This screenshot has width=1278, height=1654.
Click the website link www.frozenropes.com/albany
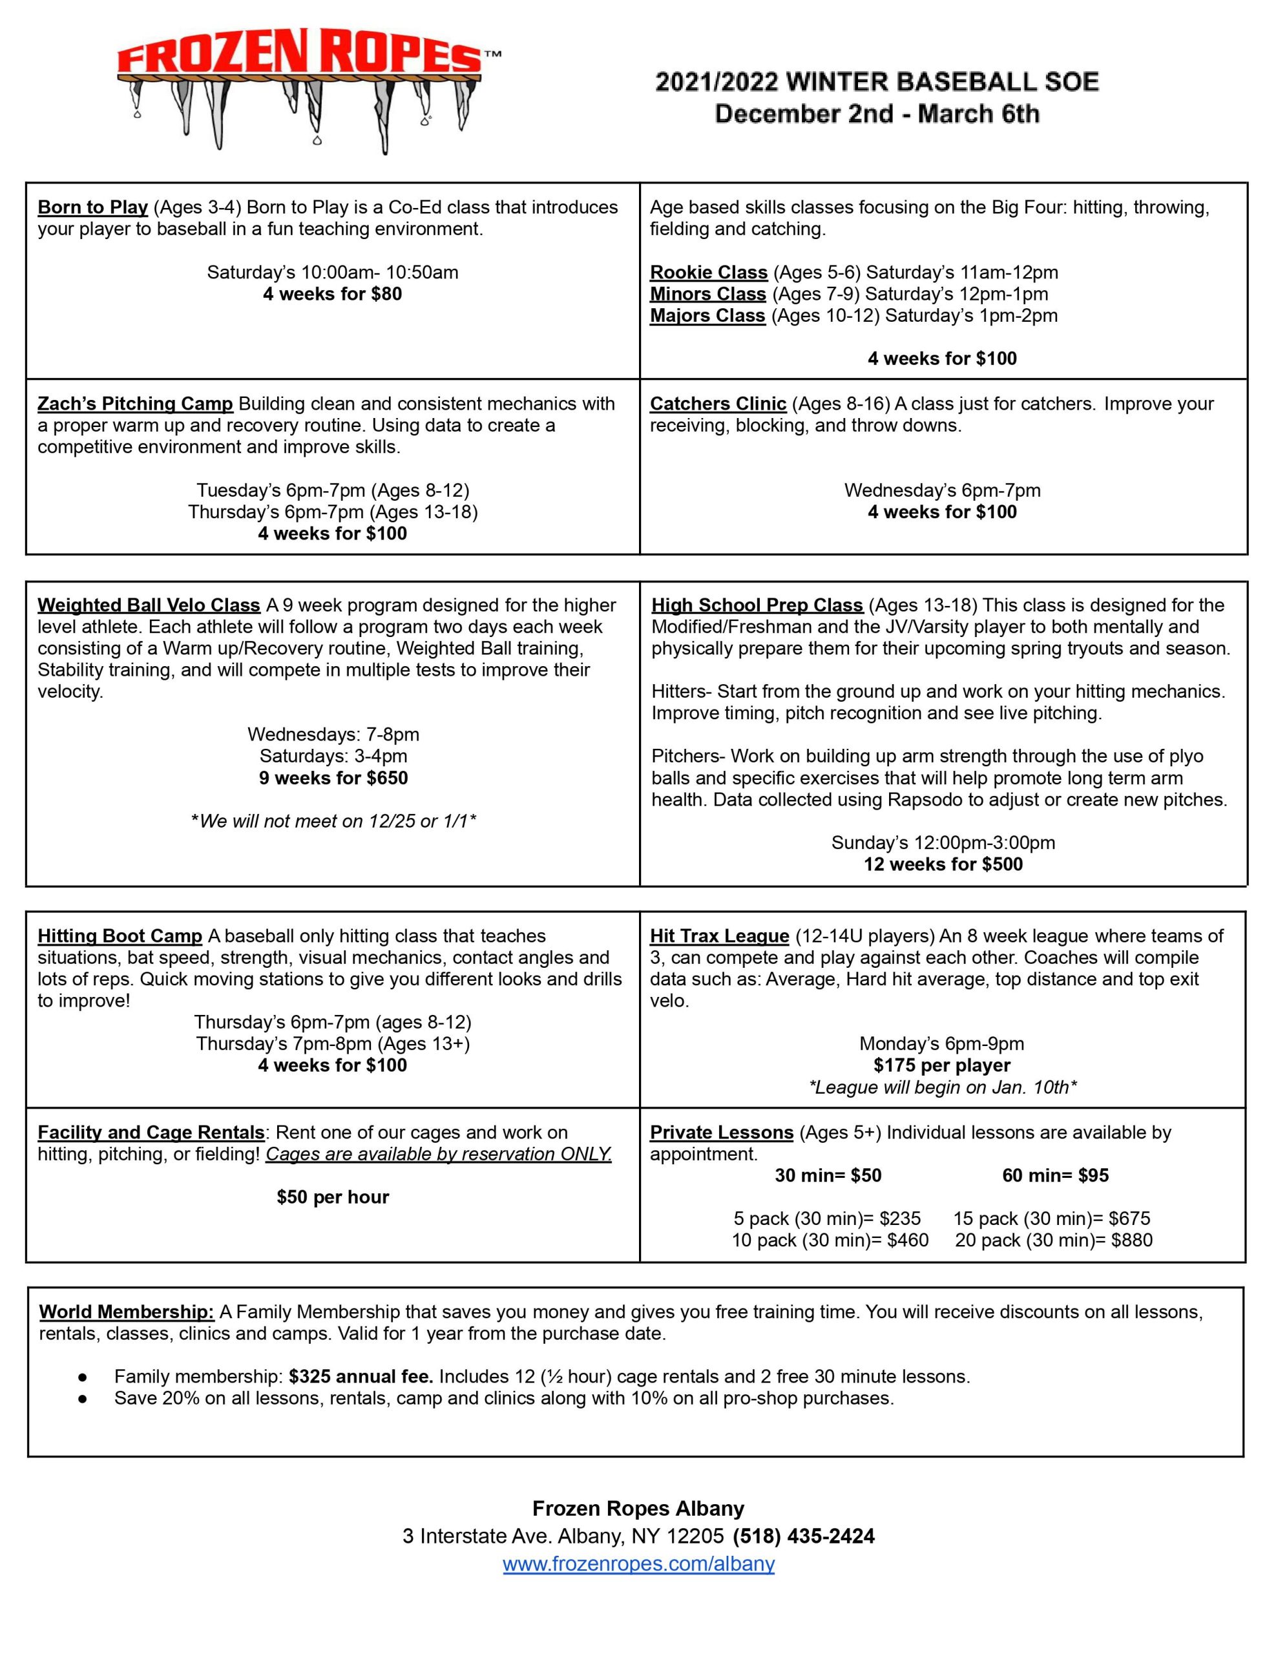(638, 1564)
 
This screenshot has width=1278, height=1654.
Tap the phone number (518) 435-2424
(803, 1536)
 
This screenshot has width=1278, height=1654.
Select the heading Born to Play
(92, 207)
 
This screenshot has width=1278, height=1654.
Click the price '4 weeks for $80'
(332, 294)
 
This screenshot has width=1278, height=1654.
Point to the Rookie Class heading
(708, 273)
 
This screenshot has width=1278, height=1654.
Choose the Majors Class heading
(707, 316)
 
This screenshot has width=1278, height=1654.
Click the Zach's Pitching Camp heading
(135, 404)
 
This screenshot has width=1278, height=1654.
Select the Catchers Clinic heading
(717, 404)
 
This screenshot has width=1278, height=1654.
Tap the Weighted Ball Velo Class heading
(149, 606)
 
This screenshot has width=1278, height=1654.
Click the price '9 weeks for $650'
(333, 778)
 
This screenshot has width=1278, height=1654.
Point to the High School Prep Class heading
(757, 606)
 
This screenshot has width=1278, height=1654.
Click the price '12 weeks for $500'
(943, 864)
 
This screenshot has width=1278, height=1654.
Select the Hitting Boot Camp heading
(120, 937)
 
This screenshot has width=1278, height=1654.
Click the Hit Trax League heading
(719, 937)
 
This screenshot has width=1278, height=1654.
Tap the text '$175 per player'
(941, 1065)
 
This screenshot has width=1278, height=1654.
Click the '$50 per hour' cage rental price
(333, 1197)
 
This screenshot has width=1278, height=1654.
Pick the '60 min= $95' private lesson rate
(1054, 1175)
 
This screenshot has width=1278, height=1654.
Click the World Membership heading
(127, 1312)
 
